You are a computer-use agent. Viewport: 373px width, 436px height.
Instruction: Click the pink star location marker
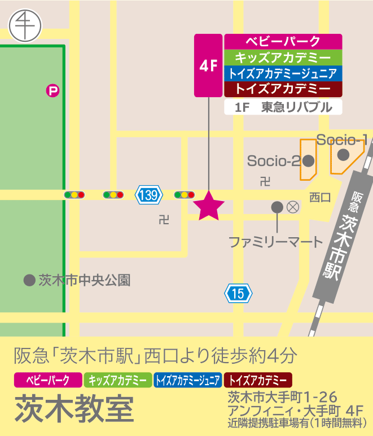(x=209, y=206)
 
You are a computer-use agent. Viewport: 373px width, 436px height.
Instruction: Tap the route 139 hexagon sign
(x=149, y=195)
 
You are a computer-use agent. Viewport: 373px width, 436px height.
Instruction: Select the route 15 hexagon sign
(x=238, y=293)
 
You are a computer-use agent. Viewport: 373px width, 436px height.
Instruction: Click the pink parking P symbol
(x=52, y=90)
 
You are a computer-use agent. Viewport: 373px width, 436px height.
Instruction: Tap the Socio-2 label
(x=274, y=161)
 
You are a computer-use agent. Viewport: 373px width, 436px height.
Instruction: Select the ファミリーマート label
(x=275, y=242)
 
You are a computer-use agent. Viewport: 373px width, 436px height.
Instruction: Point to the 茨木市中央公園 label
(x=85, y=280)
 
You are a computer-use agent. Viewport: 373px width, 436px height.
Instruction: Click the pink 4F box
(x=209, y=66)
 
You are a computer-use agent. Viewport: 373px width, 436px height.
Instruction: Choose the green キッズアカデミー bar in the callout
(x=283, y=58)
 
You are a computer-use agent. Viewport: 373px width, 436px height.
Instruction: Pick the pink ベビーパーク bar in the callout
(x=283, y=42)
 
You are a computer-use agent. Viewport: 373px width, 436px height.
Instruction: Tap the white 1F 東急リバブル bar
(x=283, y=107)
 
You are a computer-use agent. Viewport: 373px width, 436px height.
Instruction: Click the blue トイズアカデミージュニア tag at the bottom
(x=187, y=380)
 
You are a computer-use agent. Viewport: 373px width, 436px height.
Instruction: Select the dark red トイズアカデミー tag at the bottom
(x=258, y=380)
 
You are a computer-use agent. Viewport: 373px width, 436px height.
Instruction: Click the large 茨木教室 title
(x=74, y=407)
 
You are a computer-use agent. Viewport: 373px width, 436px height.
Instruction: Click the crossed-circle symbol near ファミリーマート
(x=292, y=207)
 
